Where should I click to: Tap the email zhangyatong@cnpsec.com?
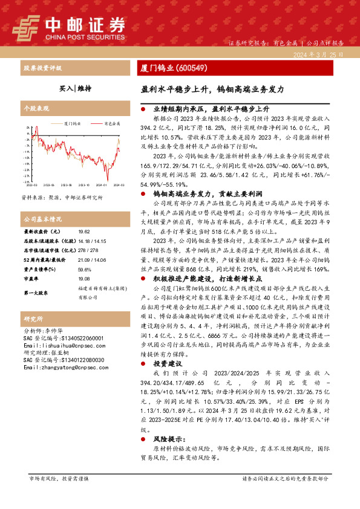pos(56,384)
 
